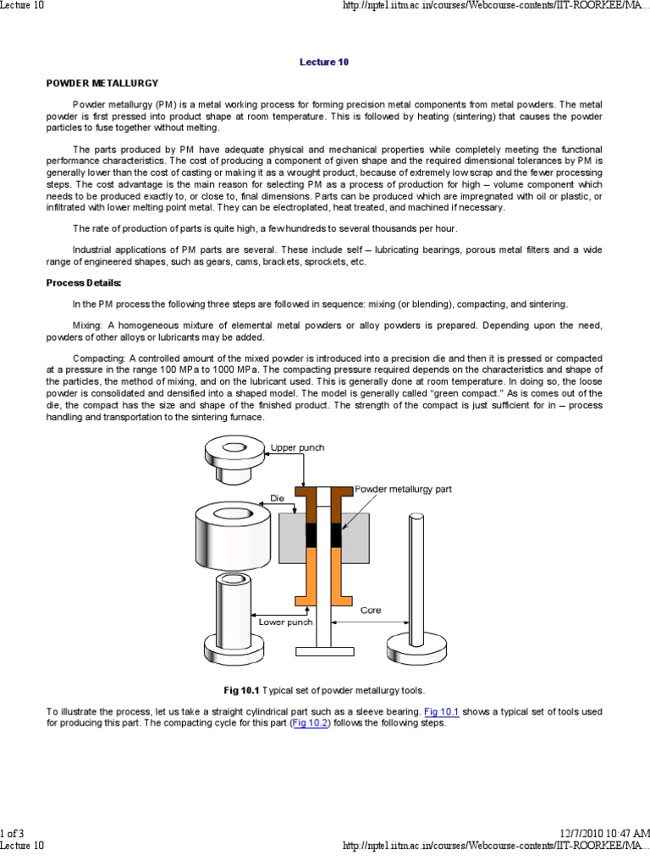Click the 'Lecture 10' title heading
pyautogui.click(x=324, y=62)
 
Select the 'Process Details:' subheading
pyautogui.click(x=84, y=282)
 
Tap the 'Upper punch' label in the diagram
pyautogui.click(x=297, y=447)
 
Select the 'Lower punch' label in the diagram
pyautogui.click(x=285, y=622)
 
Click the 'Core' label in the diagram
pyautogui.click(x=371, y=610)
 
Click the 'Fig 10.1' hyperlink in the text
pyautogui.click(x=440, y=712)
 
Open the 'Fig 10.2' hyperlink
pyautogui.click(x=311, y=723)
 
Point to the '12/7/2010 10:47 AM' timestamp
pyautogui.click(x=605, y=833)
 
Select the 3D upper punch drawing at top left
pyautogui.click(x=233, y=460)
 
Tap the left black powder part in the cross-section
pyautogui.click(x=311, y=535)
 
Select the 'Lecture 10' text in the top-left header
pyautogui.click(x=22, y=6)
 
